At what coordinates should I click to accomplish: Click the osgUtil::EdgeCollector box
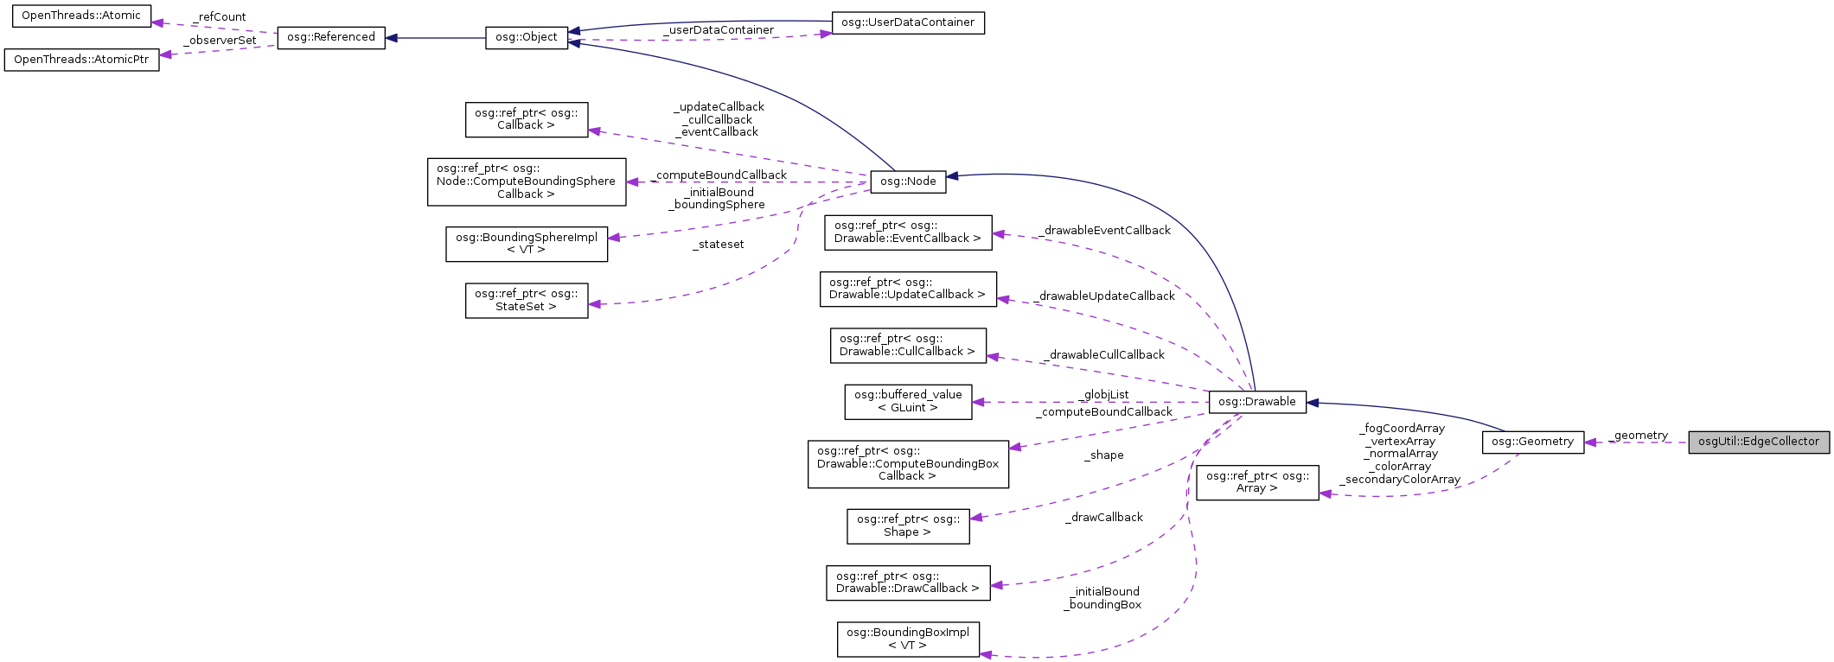[x=1758, y=442]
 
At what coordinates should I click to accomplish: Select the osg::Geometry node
[x=1532, y=442]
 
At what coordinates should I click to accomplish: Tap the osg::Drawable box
[x=1256, y=402]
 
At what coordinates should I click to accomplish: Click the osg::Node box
[x=908, y=181]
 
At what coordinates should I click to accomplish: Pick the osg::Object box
[x=527, y=38]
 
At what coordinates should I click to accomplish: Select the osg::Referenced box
[x=330, y=37]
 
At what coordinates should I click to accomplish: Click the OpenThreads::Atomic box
[x=80, y=16]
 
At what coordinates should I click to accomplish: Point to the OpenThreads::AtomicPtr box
[x=81, y=60]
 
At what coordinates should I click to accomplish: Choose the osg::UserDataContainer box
[x=907, y=22]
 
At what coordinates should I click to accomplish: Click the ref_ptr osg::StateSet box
[x=526, y=300]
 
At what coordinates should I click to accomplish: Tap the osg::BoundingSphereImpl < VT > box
[x=526, y=244]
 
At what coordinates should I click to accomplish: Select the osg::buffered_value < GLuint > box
[x=907, y=402]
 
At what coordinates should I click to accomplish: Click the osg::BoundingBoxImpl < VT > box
[x=907, y=639]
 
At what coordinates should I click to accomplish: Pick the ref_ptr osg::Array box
[x=1256, y=482]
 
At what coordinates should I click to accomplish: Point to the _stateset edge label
[x=718, y=245]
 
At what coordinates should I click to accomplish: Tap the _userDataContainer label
[x=718, y=30]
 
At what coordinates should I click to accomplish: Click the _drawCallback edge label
[x=1103, y=518]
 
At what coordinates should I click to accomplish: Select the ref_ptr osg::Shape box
[x=907, y=525]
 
